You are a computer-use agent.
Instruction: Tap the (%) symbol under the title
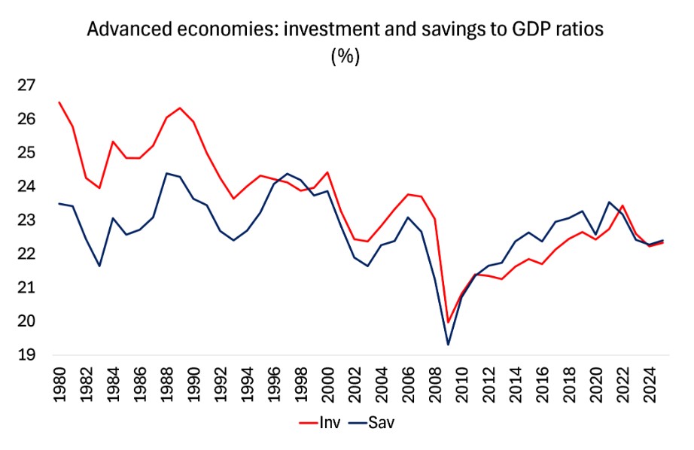[345, 57]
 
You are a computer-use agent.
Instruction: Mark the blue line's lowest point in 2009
[449, 345]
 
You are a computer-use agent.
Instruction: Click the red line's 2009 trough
[449, 322]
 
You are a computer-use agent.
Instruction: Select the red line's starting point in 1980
[59, 102]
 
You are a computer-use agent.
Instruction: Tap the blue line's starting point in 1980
[59, 203]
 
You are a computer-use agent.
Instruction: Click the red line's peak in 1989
[180, 108]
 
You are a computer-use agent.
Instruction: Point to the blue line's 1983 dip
[99, 266]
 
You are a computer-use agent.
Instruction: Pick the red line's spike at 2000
[327, 172]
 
